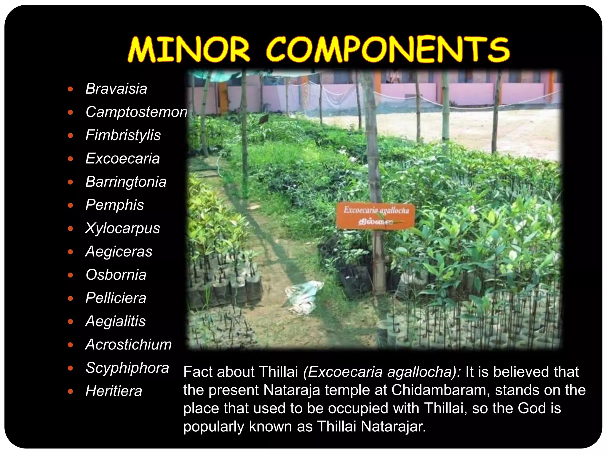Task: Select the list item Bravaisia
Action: click(116, 89)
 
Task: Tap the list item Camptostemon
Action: click(136, 112)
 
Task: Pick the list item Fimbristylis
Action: click(123, 135)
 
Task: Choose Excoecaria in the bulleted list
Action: click(122, 158)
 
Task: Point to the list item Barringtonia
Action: click(126, 182)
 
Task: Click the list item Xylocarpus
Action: click(122, 228)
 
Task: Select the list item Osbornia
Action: click(116, 275)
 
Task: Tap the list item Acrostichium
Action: click(128, 345)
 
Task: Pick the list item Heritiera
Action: click(114, 391)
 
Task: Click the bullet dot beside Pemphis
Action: click(70, 205)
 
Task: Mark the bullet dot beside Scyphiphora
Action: click(70, 368)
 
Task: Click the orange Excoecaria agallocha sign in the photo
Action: click(376, 216)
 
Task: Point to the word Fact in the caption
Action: click(197, 372)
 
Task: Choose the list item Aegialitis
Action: click(116, 321)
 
